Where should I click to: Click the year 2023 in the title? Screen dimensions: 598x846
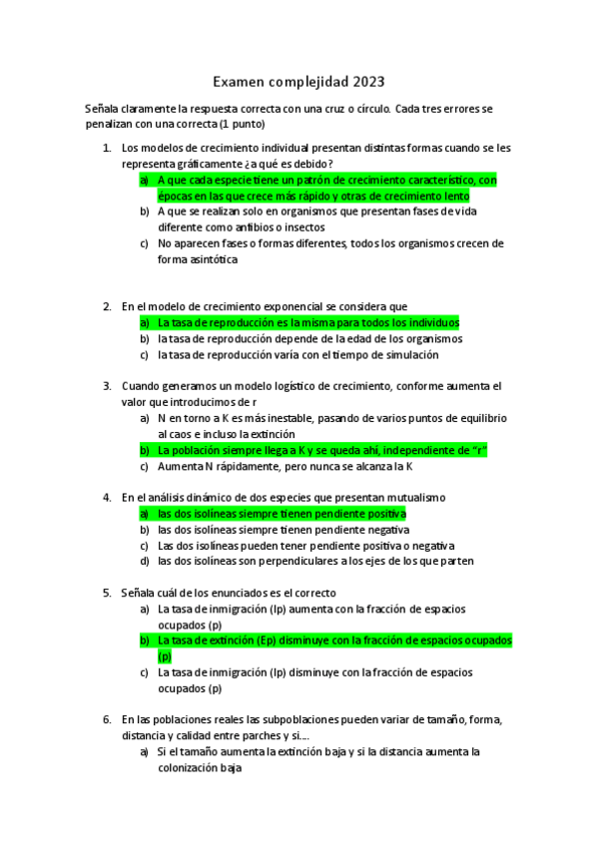(x=365, y=82)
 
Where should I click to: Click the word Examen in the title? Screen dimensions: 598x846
(x=240, y=82)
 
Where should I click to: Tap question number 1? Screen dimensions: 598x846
(x=107, y=148)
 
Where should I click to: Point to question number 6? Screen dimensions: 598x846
(x=107, y=718)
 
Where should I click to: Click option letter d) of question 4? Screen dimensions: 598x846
(x=145, y=561)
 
